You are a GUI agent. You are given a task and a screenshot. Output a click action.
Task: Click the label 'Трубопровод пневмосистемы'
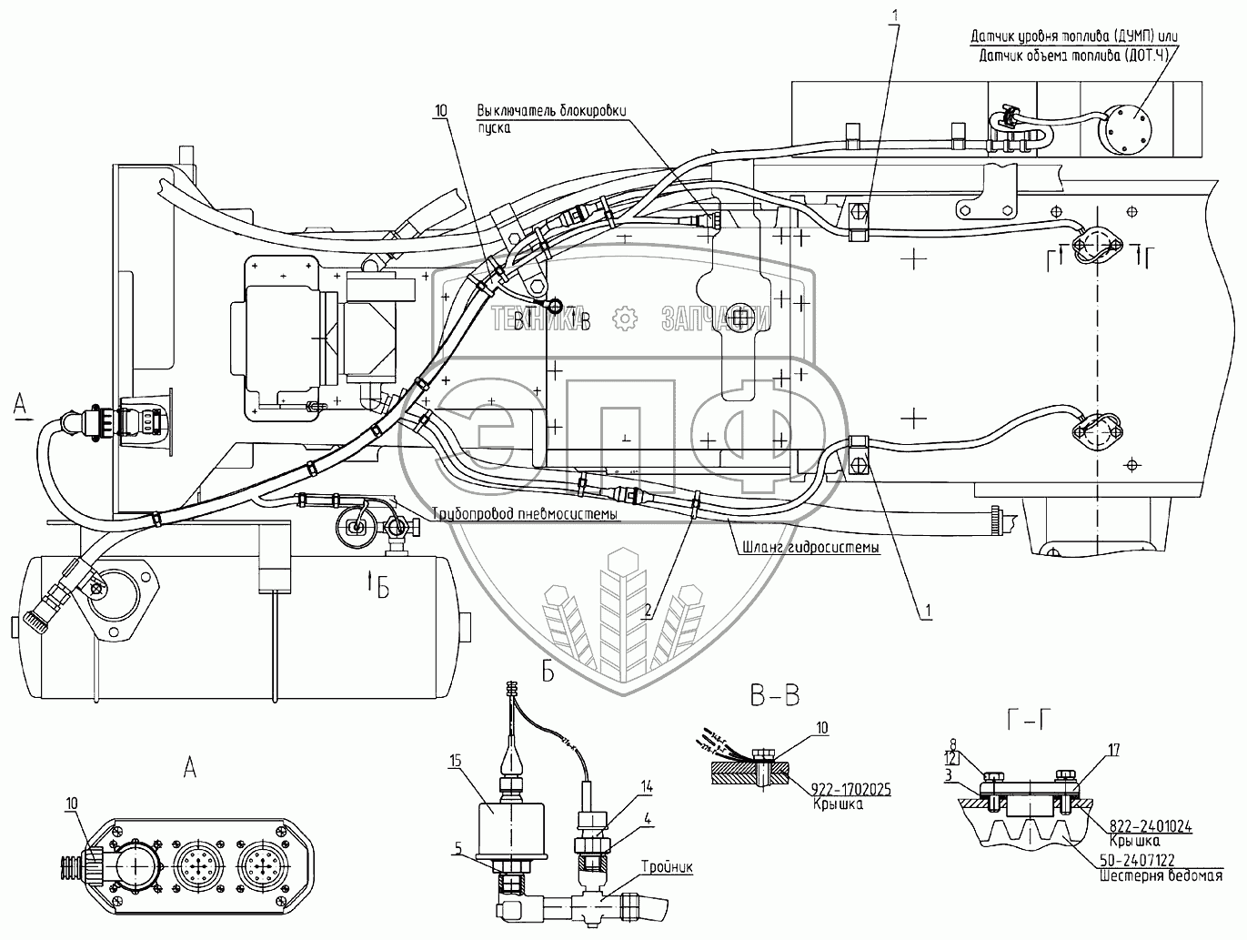click(x=526, y=514)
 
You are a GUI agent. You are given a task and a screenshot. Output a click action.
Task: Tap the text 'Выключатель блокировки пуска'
click(x=552, y=118)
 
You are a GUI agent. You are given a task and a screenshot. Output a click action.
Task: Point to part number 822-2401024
click(x=1151, y=826)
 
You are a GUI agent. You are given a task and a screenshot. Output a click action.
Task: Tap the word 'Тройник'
click(x=668, y=867)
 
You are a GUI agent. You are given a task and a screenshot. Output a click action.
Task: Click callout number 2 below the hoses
click(x=647, y=611)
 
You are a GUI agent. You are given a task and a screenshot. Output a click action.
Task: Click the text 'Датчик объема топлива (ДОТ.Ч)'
click(x=1075, y=56)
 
